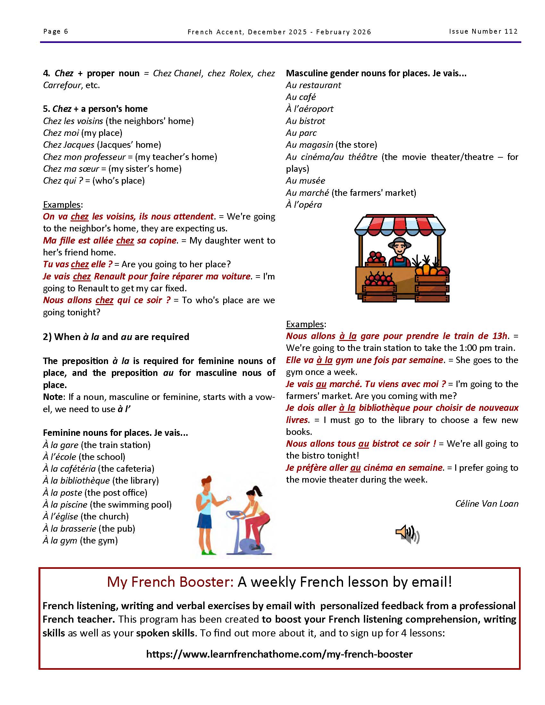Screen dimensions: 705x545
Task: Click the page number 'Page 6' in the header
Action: [x=55, y=31]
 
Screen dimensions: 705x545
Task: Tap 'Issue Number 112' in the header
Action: [x=483, y=31]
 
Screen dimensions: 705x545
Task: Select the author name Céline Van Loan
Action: [x=487, y=503]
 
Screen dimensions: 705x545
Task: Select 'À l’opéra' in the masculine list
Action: [x=304, y=205]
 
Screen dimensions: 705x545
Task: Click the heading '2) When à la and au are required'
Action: [x=116, y=337]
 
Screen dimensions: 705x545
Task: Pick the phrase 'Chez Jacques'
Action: [x=69, y=145]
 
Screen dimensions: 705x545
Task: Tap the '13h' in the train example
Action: [x=499, y=336]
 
